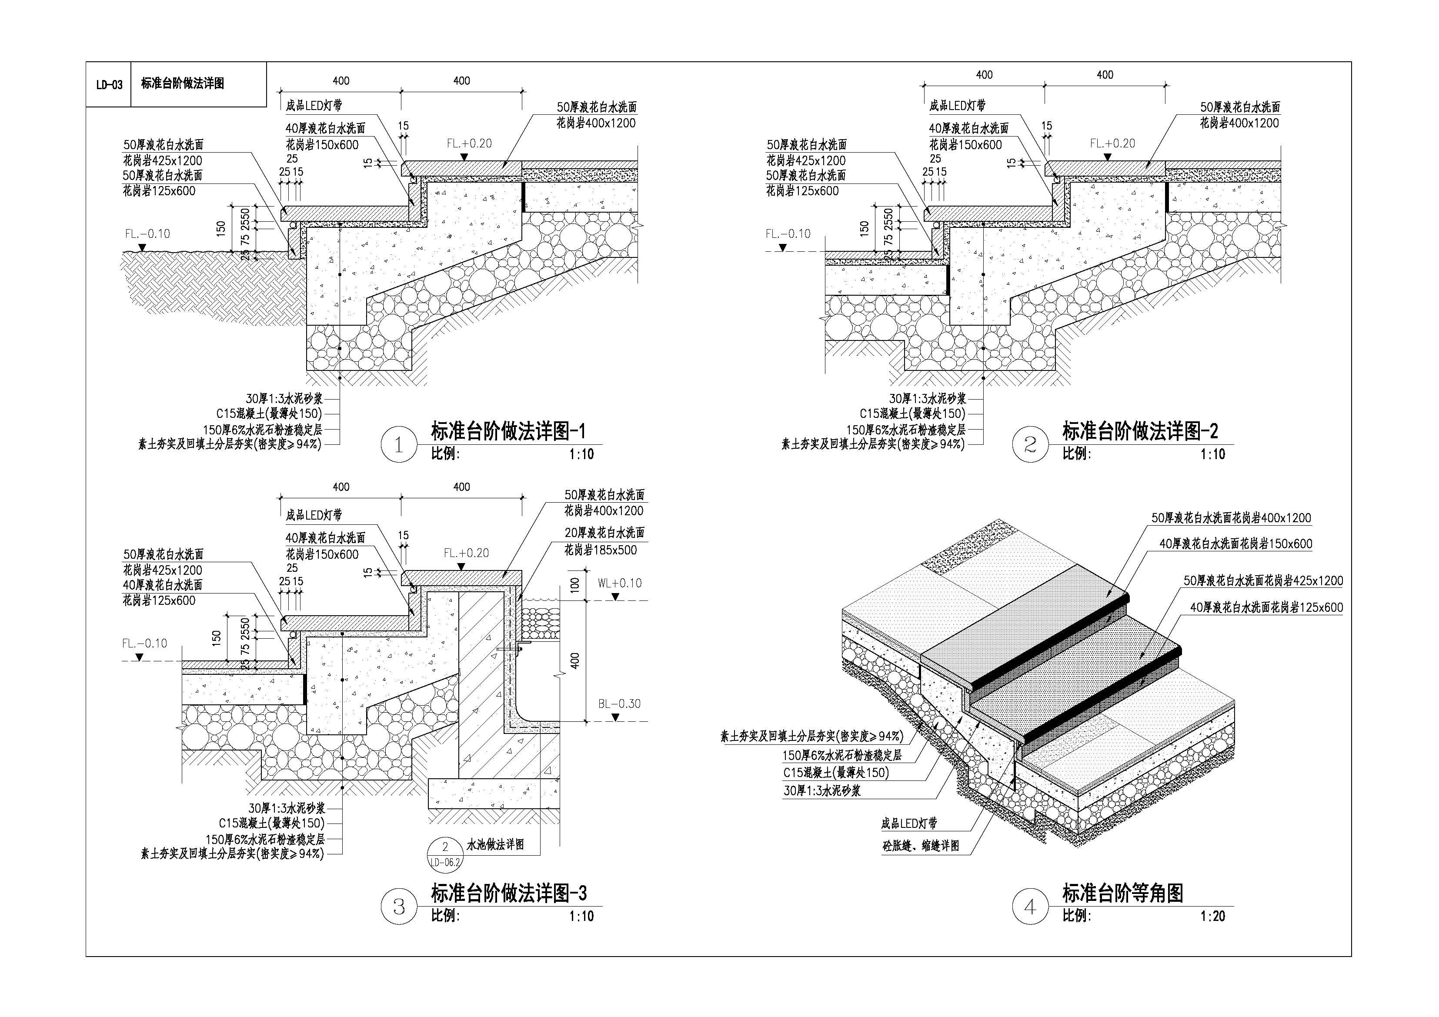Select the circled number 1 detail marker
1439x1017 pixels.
[399, 445]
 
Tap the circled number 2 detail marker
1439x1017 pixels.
[1030, 444]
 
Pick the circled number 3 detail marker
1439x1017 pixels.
[399, 907]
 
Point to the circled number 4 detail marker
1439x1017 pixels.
[1030, 907]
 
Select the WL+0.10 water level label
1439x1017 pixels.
[619, 584]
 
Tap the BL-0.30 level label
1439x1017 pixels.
[619, 704]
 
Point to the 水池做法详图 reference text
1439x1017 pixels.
[495, 845]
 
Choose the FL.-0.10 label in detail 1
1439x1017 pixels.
[147, 234]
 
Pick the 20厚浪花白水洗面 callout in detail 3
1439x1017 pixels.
[604, 533]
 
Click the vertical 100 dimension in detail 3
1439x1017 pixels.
[575, 585]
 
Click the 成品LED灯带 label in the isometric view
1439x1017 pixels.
[909, 824]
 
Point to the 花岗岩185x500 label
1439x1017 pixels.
[601, 550]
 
